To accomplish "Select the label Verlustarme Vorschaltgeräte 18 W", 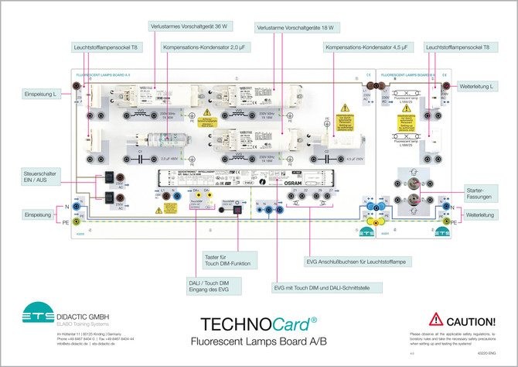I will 297,27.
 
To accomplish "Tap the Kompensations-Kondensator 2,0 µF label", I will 203,47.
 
